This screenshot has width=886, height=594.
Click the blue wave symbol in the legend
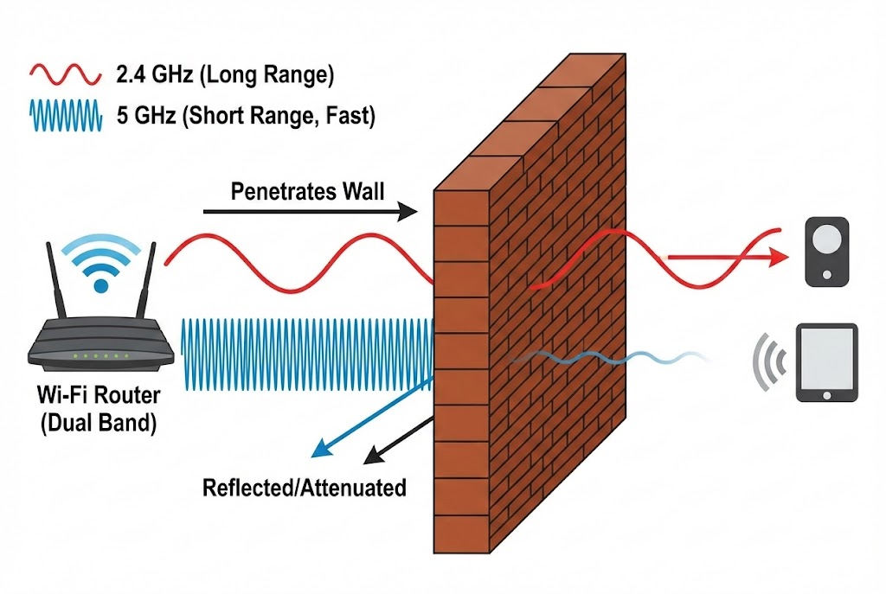pyautogui.click(x=66, y=114)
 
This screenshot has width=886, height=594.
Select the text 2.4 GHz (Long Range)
pyautogui.click(x=223, y=76)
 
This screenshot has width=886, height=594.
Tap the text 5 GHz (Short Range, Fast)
pyautogui.click(x=246, y=114)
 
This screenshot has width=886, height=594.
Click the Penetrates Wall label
pyautogui.click(x=307, y=191)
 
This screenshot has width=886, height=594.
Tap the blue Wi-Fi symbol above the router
pyautogui.click(x=102, y=263)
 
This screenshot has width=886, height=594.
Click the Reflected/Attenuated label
pyautogui.click(x=304, y=488)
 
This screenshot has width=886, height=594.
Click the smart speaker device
pyautogui.click(x=828, y=252)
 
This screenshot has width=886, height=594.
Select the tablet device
pyautogui.click(x=827, y=363)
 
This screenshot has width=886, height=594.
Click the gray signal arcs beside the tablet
pyautogui.click(x=769, y=362)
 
